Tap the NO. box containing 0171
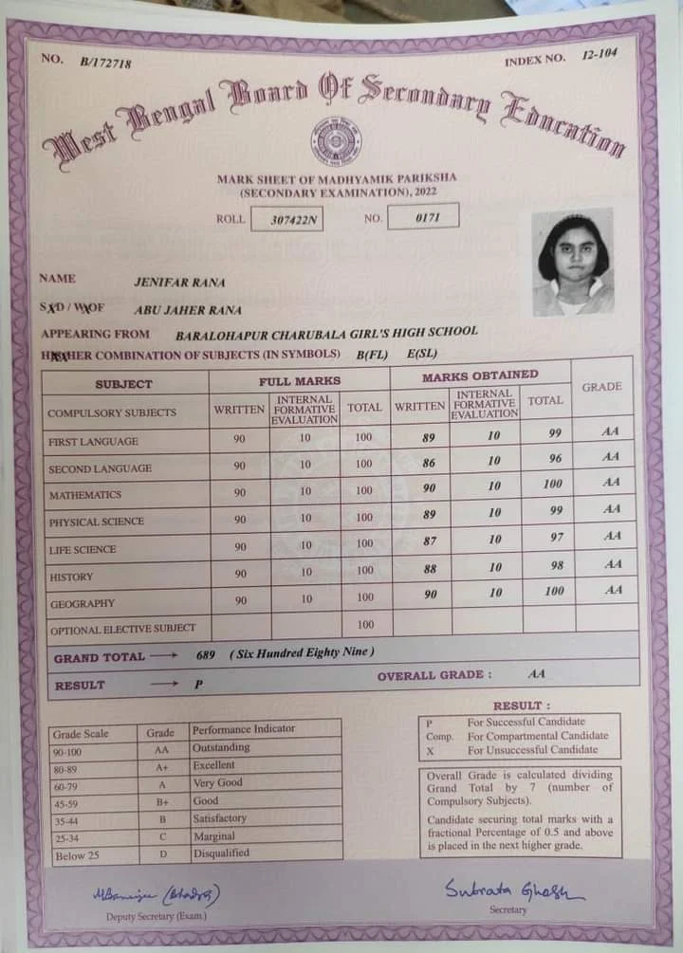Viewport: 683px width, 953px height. click(423, 217)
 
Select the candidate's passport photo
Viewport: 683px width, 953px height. click(572, 262)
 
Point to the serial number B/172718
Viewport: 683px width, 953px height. click(105, 63)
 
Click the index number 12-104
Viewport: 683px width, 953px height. click(600, 54)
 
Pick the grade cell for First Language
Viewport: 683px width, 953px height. click(612, 431)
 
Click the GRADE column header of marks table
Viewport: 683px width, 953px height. click(602, 387)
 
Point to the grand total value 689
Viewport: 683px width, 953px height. click(206, 655)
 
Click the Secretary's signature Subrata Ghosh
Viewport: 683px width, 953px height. click(512, 890)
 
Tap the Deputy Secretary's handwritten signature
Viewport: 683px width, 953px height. click(157, 894)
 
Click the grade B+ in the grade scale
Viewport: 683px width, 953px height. click(161, 801)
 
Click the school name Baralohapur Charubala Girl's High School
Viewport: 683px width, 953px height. click(326, 333)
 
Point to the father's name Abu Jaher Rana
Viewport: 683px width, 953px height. click(188, 309)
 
